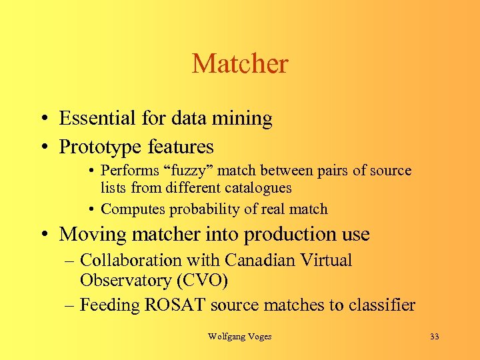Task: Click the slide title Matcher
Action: [x=240, y=64]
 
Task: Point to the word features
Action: [x=181, y=146]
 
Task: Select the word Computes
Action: [x=133, y=209]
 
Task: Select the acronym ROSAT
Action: [x=177, y=305]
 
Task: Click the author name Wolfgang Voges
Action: [x=240, y=337]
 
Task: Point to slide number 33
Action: [x=435, y=337]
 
